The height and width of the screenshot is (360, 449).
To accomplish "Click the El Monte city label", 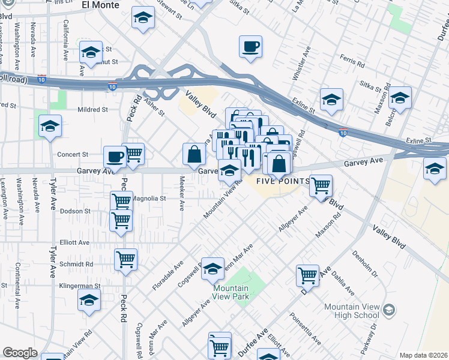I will pyautogui.click(x=100, y=5).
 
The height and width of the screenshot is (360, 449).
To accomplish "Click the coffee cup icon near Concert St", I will pyautogui.click(x=114, y=157).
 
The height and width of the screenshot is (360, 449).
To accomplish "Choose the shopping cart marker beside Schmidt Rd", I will pyautogui.click(x=126, y=260).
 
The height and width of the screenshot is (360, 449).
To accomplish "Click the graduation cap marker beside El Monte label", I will pyautogui.click(x=143, y=18).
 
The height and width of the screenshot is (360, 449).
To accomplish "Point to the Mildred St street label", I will pyautogui.click(x=92, y=110).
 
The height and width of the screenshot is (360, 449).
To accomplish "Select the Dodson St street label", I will pyautogui.click(x=75, y=211).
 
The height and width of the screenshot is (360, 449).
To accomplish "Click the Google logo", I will pyautogui.click(x=20, y=353).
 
